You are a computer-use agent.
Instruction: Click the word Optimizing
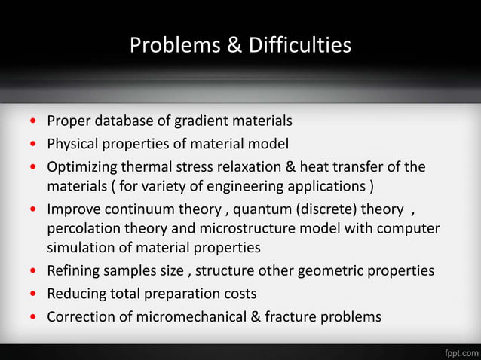[82, 166]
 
